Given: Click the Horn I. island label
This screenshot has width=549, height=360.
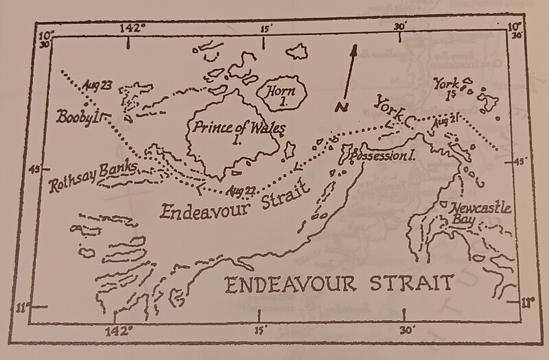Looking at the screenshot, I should [x=274, y=94].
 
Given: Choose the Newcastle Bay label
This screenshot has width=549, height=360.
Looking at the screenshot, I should [x=476, y=211].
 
